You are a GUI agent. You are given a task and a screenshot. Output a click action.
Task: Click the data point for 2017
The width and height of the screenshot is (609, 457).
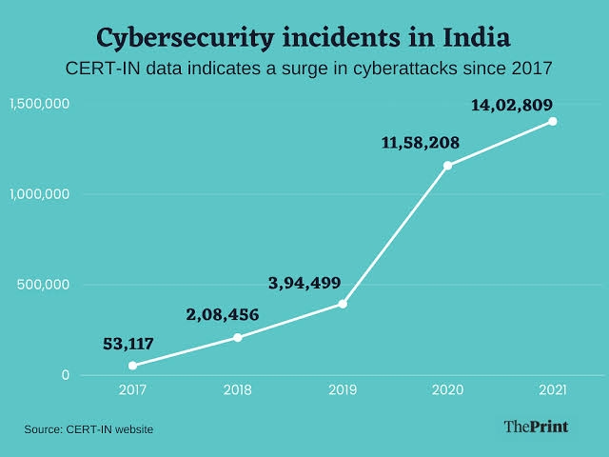(132, 366)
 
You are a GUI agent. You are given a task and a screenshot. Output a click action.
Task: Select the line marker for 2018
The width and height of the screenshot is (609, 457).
(238, 337)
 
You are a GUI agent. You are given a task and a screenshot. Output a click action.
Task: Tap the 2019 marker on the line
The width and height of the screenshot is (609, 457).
(343, 304)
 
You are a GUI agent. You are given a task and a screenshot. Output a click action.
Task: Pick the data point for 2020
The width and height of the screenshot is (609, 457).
(447, 166)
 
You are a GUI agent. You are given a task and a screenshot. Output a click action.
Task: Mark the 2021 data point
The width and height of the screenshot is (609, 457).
(552, 121)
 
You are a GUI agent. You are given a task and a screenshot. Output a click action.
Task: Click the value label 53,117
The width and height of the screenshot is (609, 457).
(128, 343)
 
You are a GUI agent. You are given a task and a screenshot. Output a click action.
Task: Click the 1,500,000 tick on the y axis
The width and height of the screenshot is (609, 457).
(40, 104)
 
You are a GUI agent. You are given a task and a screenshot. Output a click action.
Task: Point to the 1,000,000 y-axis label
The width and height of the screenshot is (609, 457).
(40, 194)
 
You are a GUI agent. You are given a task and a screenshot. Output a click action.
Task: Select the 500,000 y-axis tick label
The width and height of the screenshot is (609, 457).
(46, 285)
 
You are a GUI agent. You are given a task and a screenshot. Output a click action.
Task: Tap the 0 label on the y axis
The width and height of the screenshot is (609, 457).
(66, 375)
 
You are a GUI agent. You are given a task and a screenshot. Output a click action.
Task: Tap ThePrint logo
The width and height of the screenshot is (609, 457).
(535, 427)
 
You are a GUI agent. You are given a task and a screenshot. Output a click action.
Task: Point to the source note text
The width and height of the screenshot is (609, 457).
(88, 429)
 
